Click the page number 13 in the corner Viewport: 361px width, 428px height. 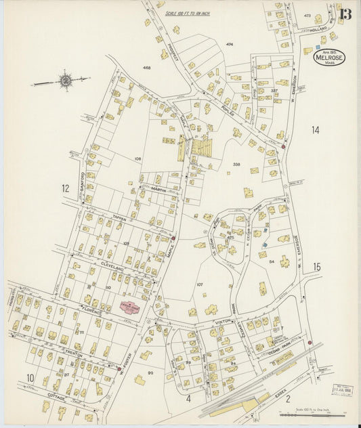346,14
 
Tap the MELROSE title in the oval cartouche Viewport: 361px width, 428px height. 329,58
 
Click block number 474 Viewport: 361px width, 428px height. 230,44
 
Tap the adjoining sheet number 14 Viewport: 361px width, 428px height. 315,129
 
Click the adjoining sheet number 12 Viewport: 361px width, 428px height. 66,188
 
